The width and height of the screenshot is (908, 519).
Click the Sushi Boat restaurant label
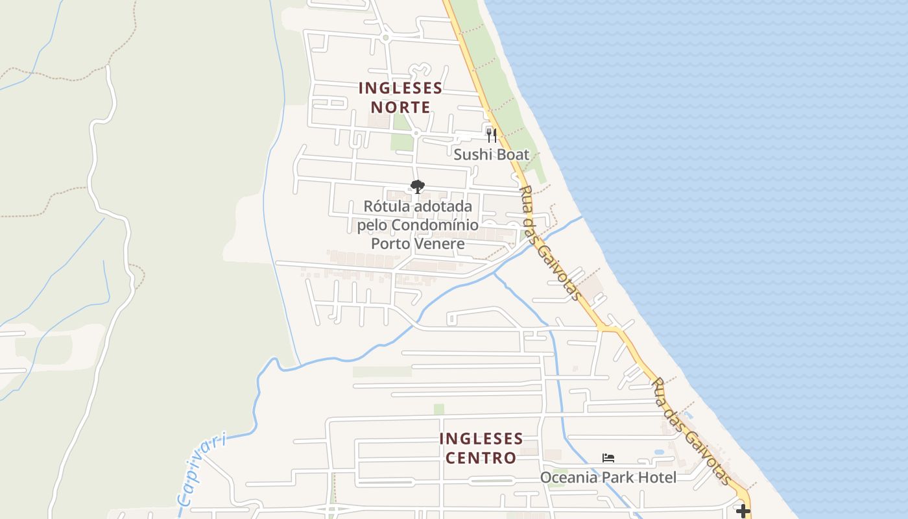click(x=491, y=155)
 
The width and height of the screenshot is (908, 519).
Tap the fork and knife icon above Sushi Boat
click(x=491, y=135)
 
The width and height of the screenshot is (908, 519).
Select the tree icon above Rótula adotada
click(x=418, y=187)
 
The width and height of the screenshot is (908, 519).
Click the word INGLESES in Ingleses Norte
click(x=400, y=88)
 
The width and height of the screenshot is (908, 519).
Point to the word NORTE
click(x=400, y=107)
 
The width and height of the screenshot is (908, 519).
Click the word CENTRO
click(x=481, y=458)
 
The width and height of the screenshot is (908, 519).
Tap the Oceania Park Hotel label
click(x=608, y=478)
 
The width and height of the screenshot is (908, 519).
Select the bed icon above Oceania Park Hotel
click(x=608, y=458)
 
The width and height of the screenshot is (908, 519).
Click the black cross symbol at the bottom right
click(x=743, y=511)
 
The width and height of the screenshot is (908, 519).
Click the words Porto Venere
click(x=418, y=244)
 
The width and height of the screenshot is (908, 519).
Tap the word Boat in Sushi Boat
click(x=514, y=155)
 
